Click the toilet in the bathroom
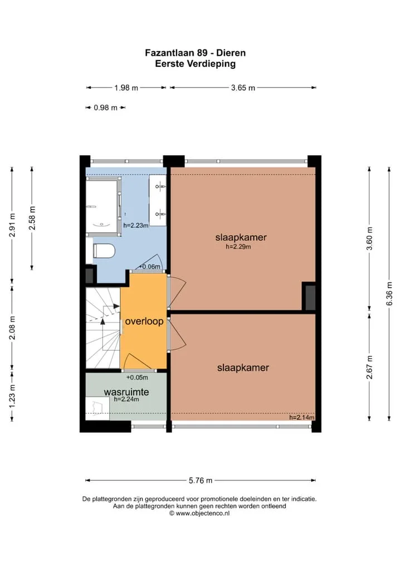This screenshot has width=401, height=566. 104,251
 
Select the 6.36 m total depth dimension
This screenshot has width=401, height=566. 389,294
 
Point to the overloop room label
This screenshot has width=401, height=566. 144,321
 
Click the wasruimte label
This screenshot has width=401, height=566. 126,392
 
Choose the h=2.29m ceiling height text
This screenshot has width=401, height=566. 238,247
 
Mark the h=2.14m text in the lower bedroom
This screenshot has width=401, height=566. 301,418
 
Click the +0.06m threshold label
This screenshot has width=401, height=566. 149,267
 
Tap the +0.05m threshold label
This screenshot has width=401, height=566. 137,378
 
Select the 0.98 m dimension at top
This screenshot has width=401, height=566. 106,107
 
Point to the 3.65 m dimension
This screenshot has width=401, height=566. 243,88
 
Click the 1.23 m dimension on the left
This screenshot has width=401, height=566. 12,396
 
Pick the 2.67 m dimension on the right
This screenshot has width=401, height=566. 370,367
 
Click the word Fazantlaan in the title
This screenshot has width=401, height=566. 169,53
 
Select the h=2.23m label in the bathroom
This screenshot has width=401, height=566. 136,226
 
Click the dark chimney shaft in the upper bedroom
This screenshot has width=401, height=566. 310,297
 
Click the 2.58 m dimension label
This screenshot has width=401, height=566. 32,218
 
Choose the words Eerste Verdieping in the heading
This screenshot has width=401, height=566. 195,64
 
